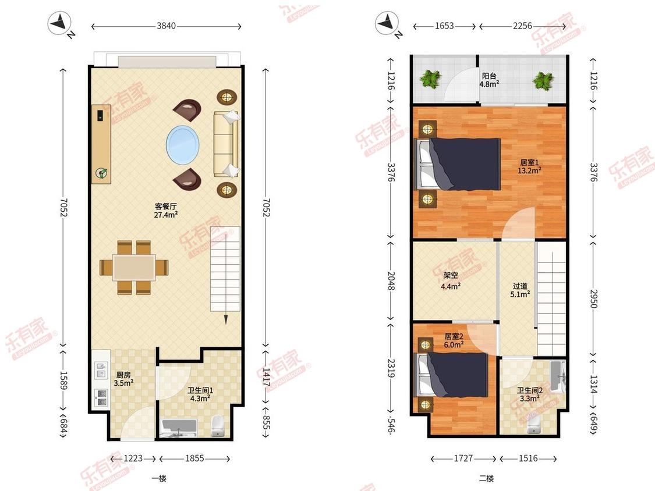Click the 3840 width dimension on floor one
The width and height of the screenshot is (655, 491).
(166, 26)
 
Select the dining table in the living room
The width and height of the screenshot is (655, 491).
(134, 267)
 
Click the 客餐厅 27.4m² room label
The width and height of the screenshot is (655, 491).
(166, 211)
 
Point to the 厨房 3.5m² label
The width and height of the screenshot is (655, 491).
(123, 379)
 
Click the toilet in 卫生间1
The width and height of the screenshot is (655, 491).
(217, 425)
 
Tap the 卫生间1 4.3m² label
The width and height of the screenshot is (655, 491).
(200, 394)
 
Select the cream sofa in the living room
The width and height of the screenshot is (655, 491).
(226, 144)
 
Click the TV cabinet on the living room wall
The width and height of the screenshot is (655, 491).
(101, 144)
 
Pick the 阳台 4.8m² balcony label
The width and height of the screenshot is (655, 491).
(489, 80)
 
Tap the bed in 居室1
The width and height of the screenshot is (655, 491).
(457, 164)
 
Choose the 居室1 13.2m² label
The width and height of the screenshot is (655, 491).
(529, 166)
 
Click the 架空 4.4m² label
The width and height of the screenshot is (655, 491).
(451, 281)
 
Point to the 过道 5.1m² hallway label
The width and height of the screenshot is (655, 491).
(520, 290)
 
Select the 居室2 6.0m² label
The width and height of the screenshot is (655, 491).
(454, 340)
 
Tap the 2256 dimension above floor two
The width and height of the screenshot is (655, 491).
(523, 26)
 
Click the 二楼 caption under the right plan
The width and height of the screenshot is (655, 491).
(486, 478)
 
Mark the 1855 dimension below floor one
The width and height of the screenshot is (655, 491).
(194, 458)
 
